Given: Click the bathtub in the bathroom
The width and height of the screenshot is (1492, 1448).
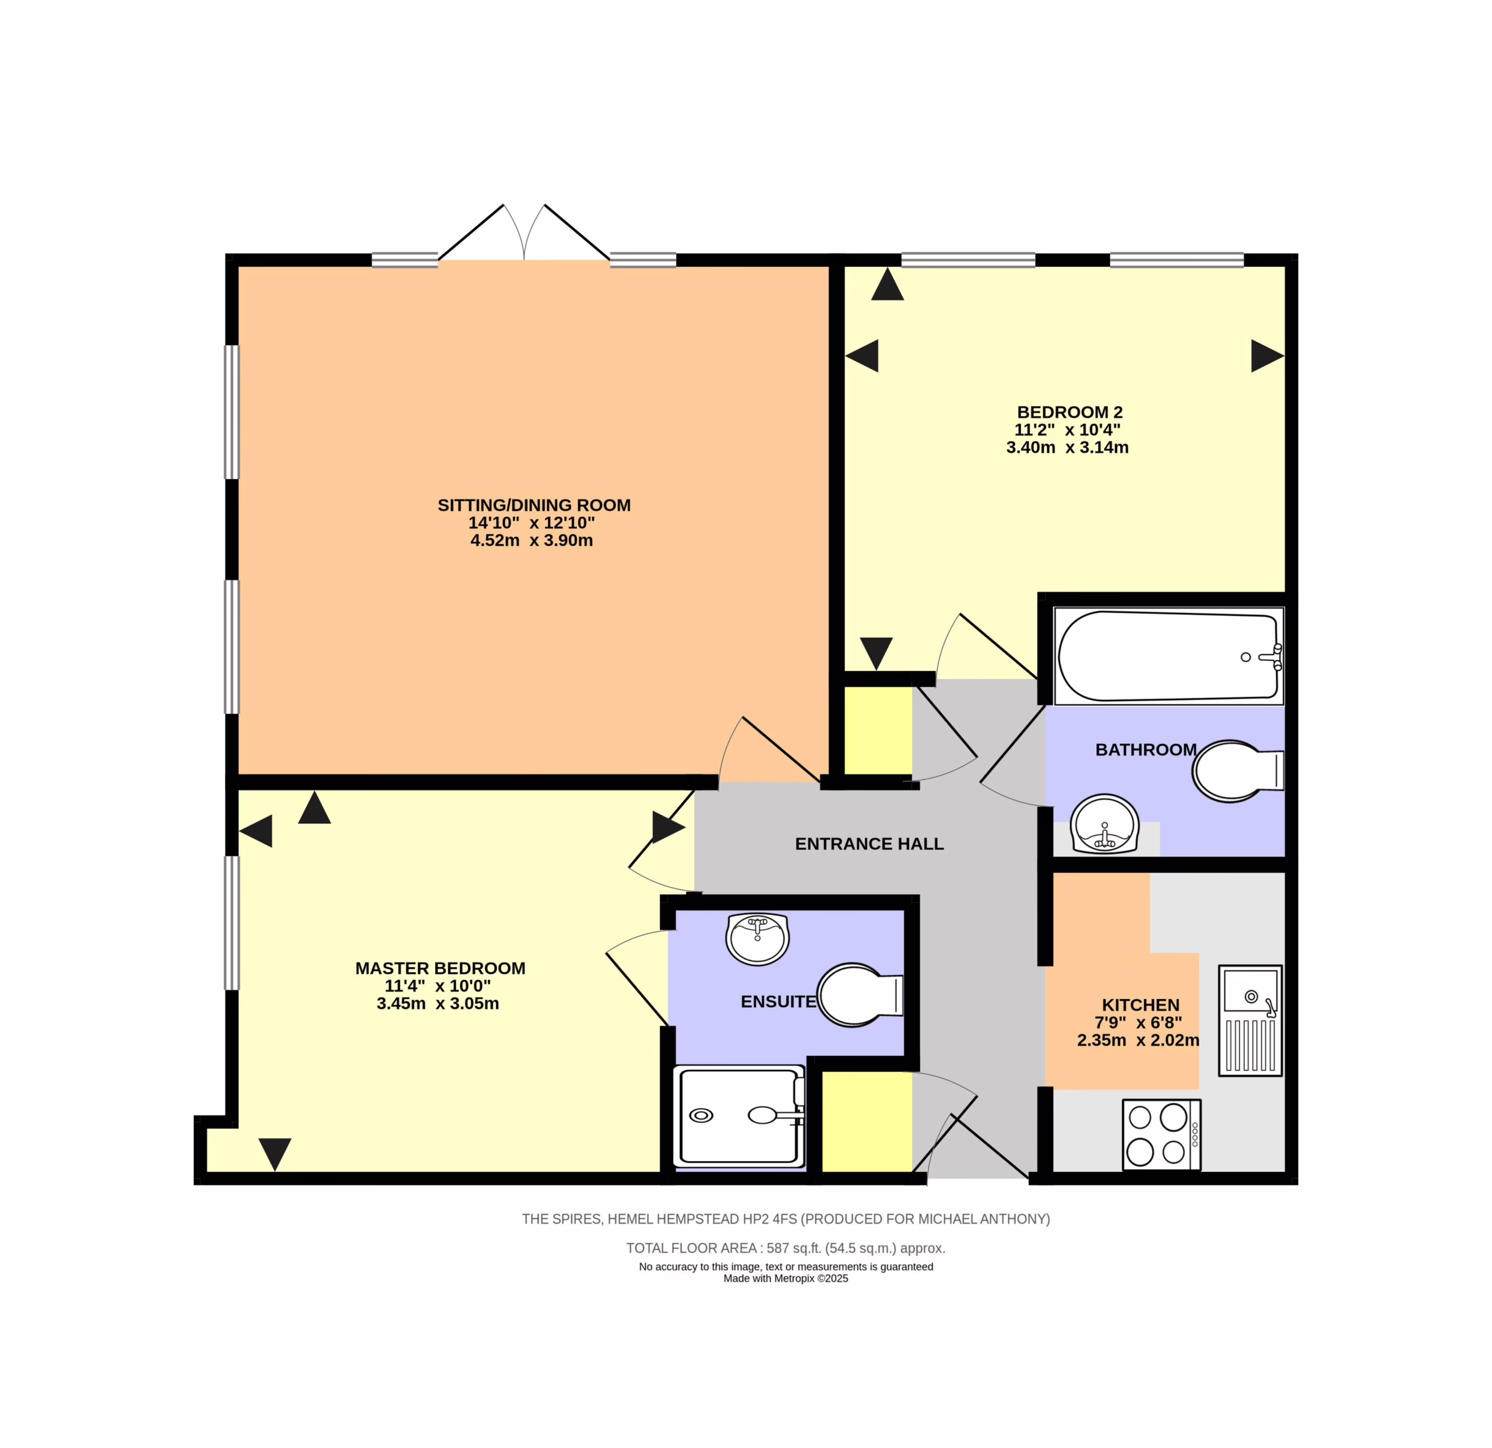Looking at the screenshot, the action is pos(1169,656).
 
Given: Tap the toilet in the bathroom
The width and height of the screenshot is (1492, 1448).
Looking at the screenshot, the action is pos(1238,771).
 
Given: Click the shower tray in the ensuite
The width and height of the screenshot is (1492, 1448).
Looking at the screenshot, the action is pos(739,1116).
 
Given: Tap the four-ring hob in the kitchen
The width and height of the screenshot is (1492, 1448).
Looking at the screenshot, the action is pos(1162,1134).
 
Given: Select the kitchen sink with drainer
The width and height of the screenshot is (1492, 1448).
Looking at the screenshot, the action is pos(1250,1020).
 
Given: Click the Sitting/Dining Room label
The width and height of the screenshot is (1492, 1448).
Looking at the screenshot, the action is pos(534,505).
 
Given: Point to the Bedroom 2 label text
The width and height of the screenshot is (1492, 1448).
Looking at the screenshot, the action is pos(1069,412).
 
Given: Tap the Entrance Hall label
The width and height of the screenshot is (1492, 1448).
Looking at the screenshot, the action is pos(870,844).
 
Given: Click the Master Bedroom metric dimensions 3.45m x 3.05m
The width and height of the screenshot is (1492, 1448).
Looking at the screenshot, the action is pos(438,1003).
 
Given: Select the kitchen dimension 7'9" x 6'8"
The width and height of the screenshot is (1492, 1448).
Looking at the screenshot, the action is pos(1138,1022).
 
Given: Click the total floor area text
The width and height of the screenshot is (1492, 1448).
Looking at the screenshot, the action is pos(786,1248).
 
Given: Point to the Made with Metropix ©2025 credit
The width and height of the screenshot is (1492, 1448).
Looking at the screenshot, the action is pos(786,1278).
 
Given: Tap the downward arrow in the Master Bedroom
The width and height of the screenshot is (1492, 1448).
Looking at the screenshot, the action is pos(275,1154).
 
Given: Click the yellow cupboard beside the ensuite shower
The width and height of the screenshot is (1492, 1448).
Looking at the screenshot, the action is pos(867,1122).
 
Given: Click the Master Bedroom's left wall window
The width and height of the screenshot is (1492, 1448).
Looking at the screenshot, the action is pos(231,923).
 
